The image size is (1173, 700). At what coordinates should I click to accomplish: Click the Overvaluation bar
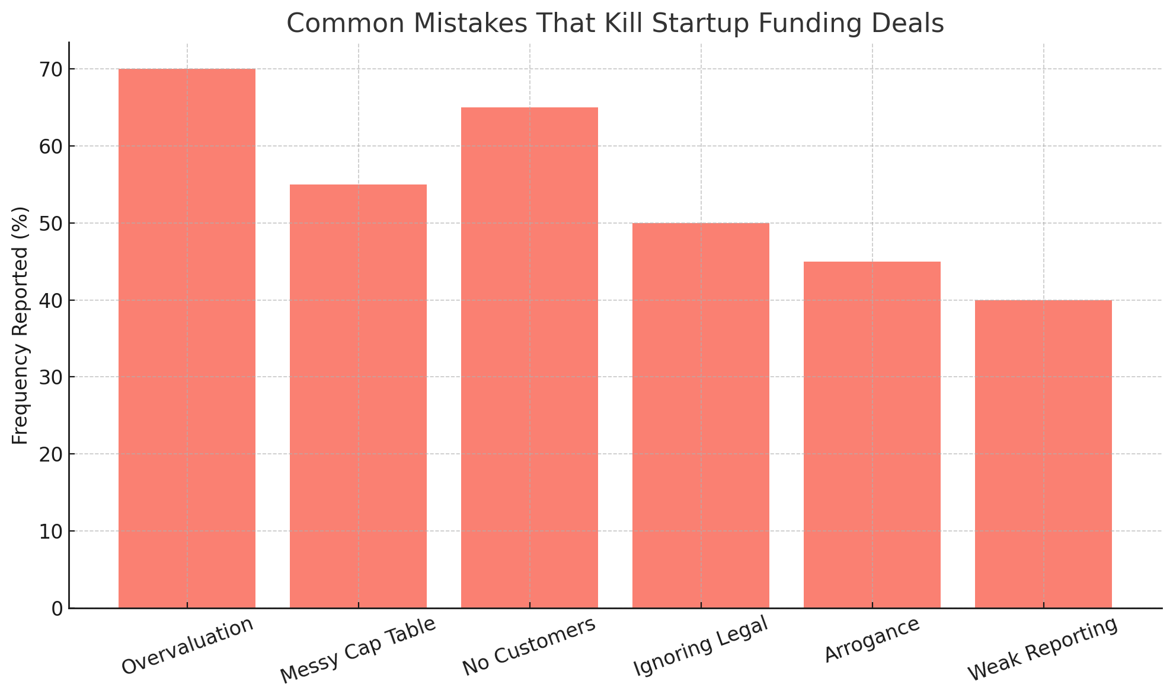tap(187, 338)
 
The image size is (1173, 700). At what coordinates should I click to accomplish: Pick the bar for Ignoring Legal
tap(701, 415)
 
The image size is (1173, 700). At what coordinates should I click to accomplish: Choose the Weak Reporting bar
tap(1043, 454)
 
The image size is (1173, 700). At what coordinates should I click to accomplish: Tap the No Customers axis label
tap(529, 647)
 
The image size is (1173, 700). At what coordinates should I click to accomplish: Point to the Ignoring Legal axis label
tap(701, 646)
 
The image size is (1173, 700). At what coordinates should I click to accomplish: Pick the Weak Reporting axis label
tap(1043, 649)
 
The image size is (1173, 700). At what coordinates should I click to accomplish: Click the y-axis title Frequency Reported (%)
tap(20, 325)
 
